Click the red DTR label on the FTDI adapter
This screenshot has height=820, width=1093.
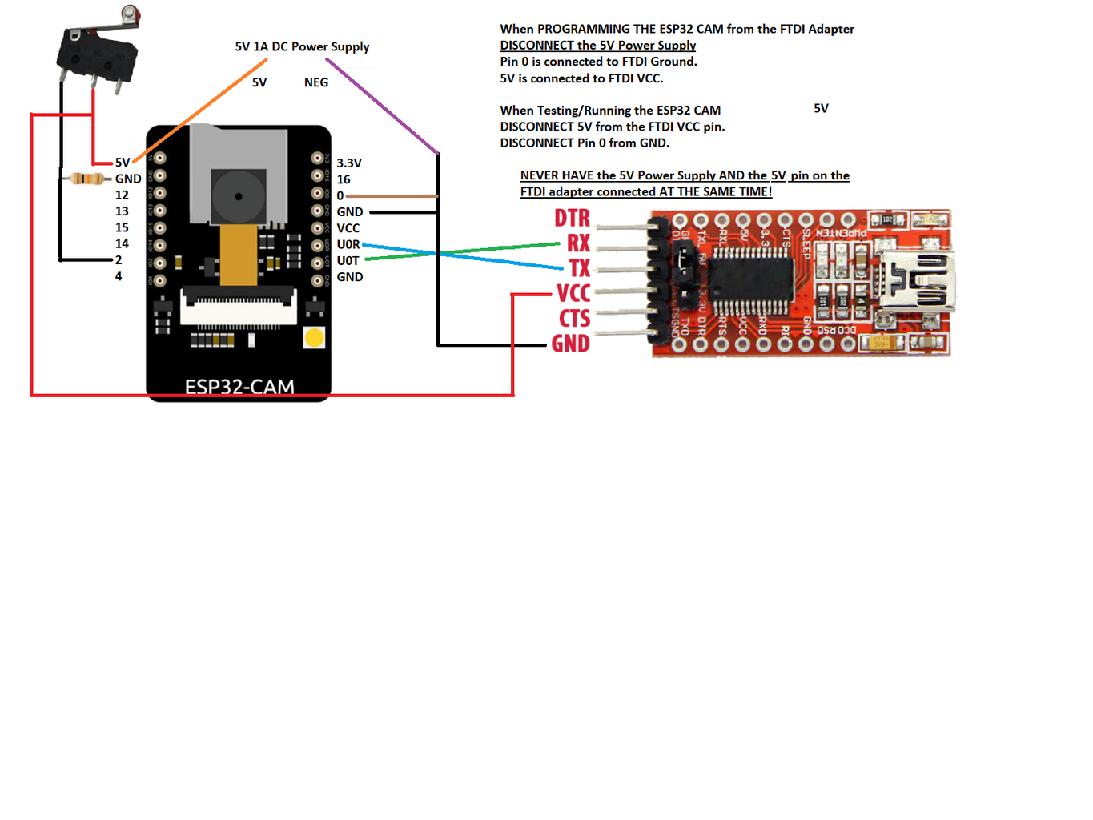pos(572,218)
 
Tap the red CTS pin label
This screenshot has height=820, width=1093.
pos(574,319)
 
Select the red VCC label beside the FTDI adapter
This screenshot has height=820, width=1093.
pos(573,293)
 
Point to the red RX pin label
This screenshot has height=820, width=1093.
pos(578,243)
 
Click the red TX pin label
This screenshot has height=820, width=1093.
pos(579,268)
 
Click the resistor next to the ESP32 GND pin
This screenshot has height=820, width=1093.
pos(87,179)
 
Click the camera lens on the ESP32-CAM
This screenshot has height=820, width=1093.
pos(238,196)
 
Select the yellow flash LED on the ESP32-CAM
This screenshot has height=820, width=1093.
pos(315,338)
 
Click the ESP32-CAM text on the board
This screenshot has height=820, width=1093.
pos(239,387)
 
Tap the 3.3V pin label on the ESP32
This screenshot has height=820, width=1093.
pos(349,163)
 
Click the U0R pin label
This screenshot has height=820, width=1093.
pos(348,244)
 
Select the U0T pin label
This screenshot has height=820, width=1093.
pos(348,261)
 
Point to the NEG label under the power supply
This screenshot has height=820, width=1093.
pos(316,82)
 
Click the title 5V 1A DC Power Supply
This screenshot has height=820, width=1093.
pos(302,46)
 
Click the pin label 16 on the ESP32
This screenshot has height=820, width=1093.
pos(344,179)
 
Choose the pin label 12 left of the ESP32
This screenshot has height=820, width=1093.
pos(122,195)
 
